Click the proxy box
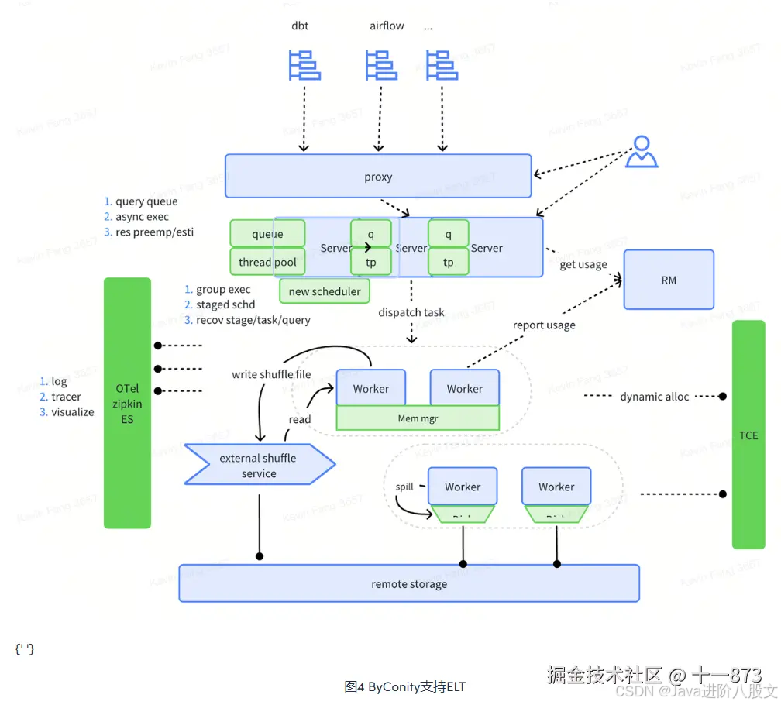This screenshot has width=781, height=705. (x=378, y=177)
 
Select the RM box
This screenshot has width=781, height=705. (x=669, y=280)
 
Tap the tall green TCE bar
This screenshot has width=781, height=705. (x=748, y=435)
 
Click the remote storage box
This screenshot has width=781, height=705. (x=409, y=583)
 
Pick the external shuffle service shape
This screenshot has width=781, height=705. (x=259, y=465)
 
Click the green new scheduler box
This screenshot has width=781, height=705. (x=325, y=291)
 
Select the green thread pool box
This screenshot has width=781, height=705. (x=267, y=262)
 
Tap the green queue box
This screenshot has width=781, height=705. (x=267, y=233)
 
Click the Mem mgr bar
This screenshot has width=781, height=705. (x=418, y=418)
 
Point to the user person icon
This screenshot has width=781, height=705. (x=641, y=152)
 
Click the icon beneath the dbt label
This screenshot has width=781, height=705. (x=304, y=65)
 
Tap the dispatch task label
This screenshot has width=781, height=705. (x=411, y=312)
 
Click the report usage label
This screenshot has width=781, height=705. (x=544, y=325)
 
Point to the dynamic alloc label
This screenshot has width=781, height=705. (x=654, y=397)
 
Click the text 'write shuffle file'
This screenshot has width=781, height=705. (x=271, y=374)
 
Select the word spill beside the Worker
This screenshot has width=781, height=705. (x=404, y=487)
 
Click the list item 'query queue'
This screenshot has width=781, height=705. (x=146, y=201)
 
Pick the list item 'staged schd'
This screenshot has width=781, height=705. (x=225, y=304)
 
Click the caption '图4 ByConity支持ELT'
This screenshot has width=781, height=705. (x=405, y=686)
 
